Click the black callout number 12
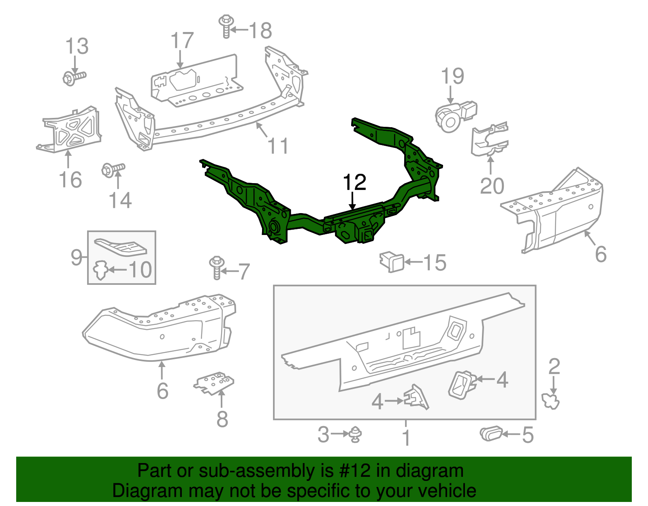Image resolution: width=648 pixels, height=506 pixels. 354,183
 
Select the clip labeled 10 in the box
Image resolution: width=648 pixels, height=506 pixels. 100,270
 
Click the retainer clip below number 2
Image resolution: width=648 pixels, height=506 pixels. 551,401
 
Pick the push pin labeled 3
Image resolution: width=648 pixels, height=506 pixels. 356,434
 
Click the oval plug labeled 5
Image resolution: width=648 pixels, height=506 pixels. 491,434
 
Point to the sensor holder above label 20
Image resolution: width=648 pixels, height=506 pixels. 489,140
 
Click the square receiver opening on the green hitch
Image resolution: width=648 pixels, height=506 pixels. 368,235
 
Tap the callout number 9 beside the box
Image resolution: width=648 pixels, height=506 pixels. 76,257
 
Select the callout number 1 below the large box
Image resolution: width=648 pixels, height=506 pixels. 406,438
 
